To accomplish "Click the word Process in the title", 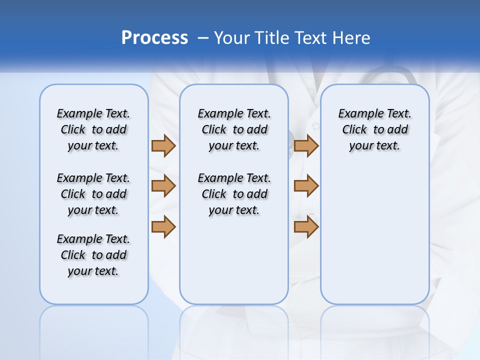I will click(154, 38).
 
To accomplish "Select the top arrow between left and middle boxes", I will click(163, 145).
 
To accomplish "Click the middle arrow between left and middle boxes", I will click(163, 186).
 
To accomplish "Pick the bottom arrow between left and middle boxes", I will click(163, 226).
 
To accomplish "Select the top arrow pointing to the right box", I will click(306, 145).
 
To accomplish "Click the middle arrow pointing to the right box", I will click(306, 186).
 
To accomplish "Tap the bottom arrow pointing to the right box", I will click(306, 226).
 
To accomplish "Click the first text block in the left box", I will click(93, 129).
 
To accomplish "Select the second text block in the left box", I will click(93, 194).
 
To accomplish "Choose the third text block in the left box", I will click(93, 255).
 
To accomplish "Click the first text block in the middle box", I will click(234, 129).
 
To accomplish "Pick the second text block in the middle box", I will click(234, 194).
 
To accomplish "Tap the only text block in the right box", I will click(374, 129).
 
